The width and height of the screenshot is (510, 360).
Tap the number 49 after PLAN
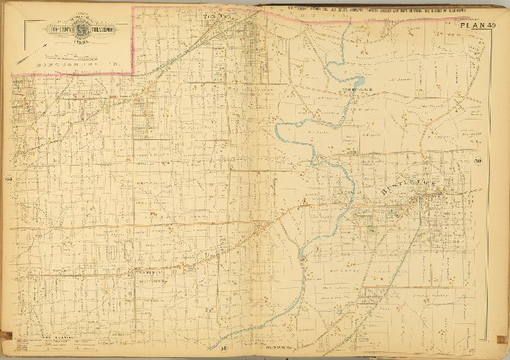(491, 27)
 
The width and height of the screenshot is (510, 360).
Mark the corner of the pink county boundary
(134, 72)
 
